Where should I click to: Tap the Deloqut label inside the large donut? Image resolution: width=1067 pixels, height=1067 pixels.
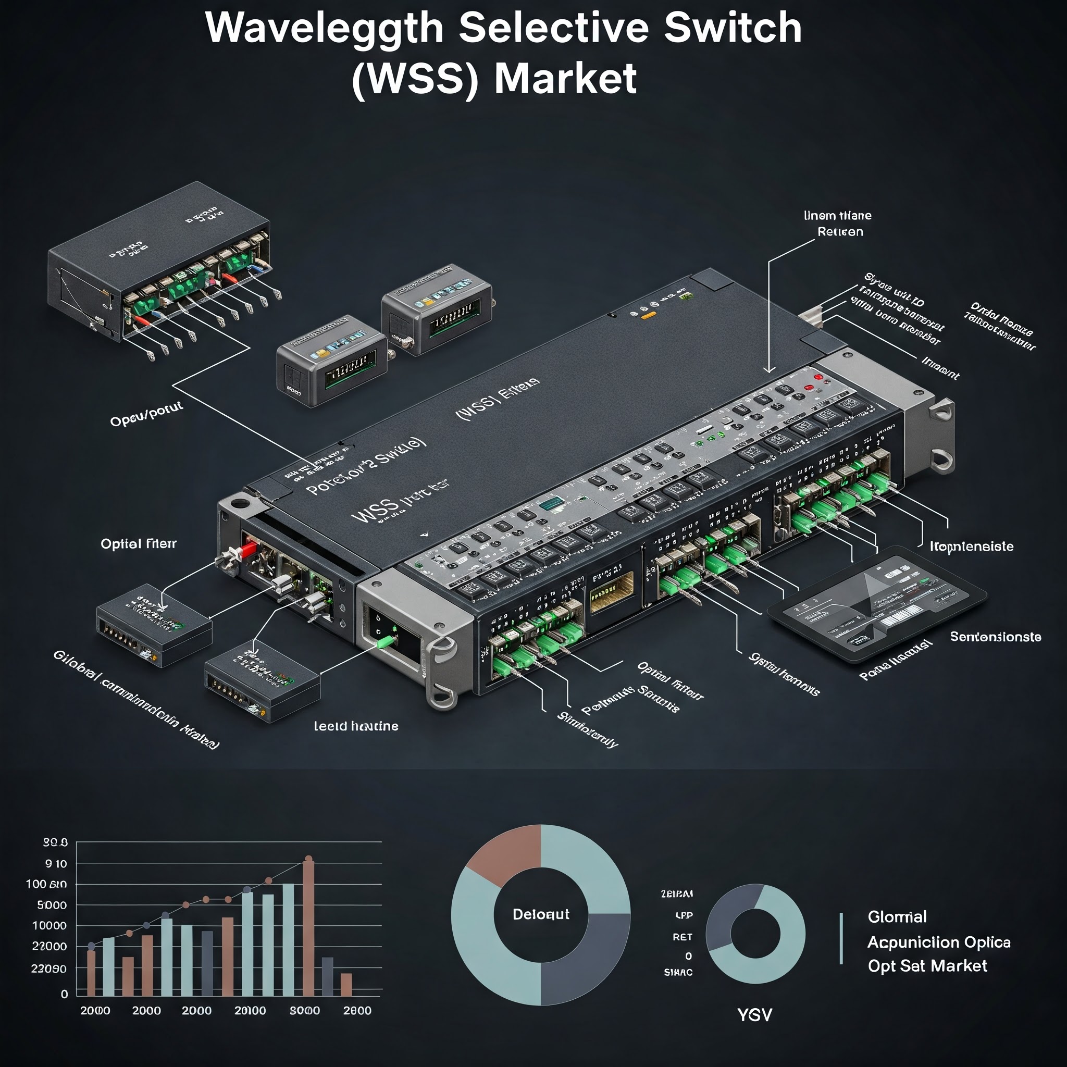tap(541, 914)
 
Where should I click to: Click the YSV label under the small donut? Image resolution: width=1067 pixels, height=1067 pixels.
tap(754, 1015)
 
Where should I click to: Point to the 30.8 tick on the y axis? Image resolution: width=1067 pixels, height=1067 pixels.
tap(55, 842)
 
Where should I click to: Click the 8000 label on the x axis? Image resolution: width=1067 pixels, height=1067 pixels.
tap(305, 1011)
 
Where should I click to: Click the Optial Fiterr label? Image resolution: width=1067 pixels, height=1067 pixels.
tap(139, 544)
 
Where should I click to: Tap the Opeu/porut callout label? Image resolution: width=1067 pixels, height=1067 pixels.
tap(146, 415)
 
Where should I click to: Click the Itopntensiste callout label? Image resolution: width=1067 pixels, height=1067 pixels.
tap(972, 547)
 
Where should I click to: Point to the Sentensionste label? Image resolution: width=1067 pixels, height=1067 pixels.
tap(995, 637)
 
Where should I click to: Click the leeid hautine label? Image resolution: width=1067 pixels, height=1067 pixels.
tap(356, 726)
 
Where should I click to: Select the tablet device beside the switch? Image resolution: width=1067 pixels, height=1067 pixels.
tap(878, 605)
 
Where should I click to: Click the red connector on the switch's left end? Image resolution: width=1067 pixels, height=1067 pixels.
tap(248, 549)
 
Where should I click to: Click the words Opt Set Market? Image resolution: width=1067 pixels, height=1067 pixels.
tap(927, 966)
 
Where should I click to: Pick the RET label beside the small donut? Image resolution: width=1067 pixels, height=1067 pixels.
tap(682, 937)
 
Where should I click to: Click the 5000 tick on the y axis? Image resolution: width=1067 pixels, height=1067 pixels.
tap(52, 905)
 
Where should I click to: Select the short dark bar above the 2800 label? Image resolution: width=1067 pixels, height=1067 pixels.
tap(328, 976)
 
